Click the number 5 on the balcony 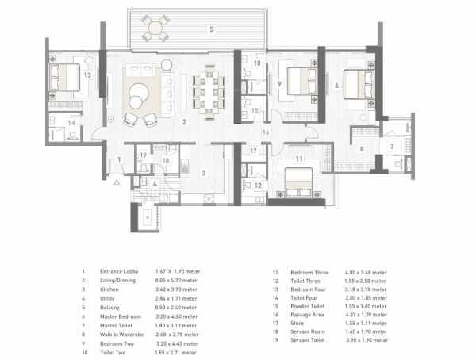(210, 29)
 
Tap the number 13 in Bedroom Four (86, 75)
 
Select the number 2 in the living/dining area (184, 122)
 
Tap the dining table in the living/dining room (210, 90)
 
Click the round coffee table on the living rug (140, 93)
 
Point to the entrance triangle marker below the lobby (117, 182)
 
